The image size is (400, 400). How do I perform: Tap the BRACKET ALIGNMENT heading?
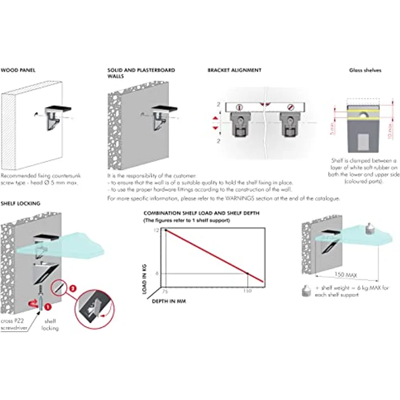[234, 71]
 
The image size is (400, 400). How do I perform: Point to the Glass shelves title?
[365, 71]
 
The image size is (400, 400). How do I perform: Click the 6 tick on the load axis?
[157, 273]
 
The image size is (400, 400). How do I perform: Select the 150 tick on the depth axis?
[247, 291]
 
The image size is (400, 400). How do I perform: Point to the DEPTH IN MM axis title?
[168, 301]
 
